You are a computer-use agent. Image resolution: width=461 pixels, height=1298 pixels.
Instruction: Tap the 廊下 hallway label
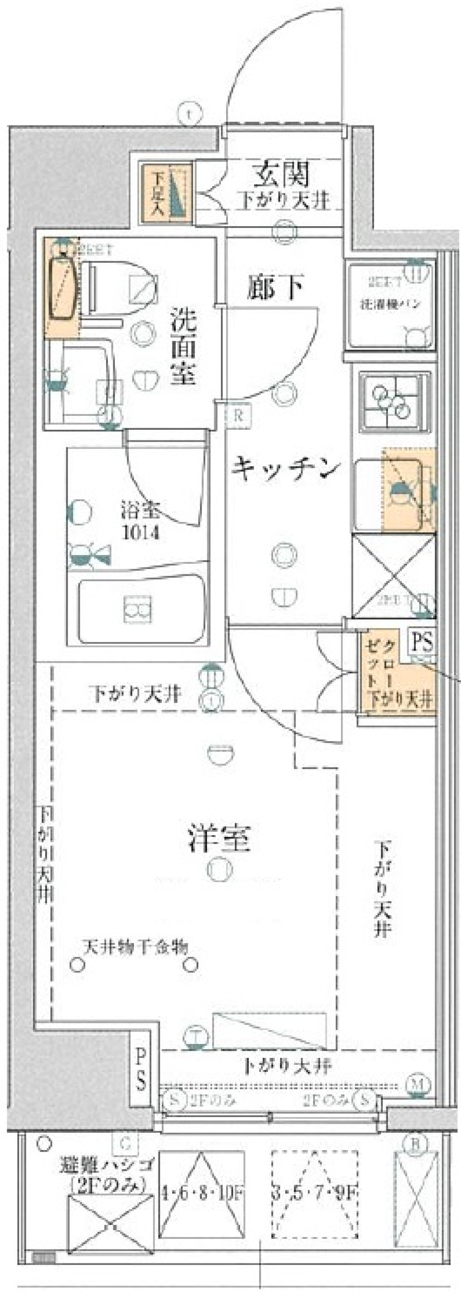(275, 288)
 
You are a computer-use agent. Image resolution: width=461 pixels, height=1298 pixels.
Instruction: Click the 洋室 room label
(219, 838)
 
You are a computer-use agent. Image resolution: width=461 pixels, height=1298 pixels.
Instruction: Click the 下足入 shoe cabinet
(166, 193)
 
